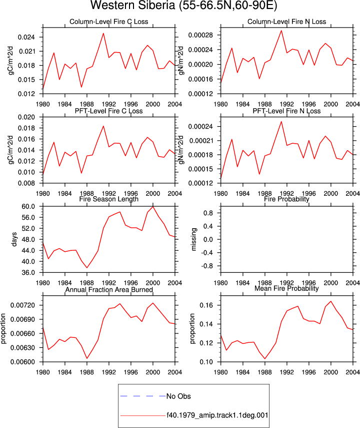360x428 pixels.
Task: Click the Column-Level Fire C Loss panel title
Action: coord(109,22)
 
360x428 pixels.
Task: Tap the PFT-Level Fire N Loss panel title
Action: coord(286,111)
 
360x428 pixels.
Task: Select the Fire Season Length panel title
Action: coord(109,199)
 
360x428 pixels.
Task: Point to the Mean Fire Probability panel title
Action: coord(286,288)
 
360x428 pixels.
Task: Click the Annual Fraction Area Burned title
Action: coord(109,289)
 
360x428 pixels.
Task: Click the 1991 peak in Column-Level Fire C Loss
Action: coord(103,34)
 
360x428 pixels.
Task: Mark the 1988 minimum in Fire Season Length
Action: coord(87,267)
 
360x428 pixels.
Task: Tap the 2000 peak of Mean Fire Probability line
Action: coord(331,301)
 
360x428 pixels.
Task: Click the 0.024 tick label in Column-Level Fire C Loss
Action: coord(26,37)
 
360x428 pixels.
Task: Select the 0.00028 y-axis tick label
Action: coord(200,35)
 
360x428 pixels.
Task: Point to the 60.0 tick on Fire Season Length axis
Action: coord(28,207)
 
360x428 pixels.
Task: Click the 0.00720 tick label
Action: coord(22,305)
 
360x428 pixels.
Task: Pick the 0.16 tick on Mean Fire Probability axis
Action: coord(206,305)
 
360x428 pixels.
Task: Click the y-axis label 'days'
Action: coord(14,239)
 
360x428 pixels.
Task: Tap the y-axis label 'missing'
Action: coord(193,239)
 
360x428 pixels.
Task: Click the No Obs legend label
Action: coord(178,396)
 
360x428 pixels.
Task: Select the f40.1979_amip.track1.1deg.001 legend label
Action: coord(217,415)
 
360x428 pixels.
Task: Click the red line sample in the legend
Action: coord(143,415)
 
